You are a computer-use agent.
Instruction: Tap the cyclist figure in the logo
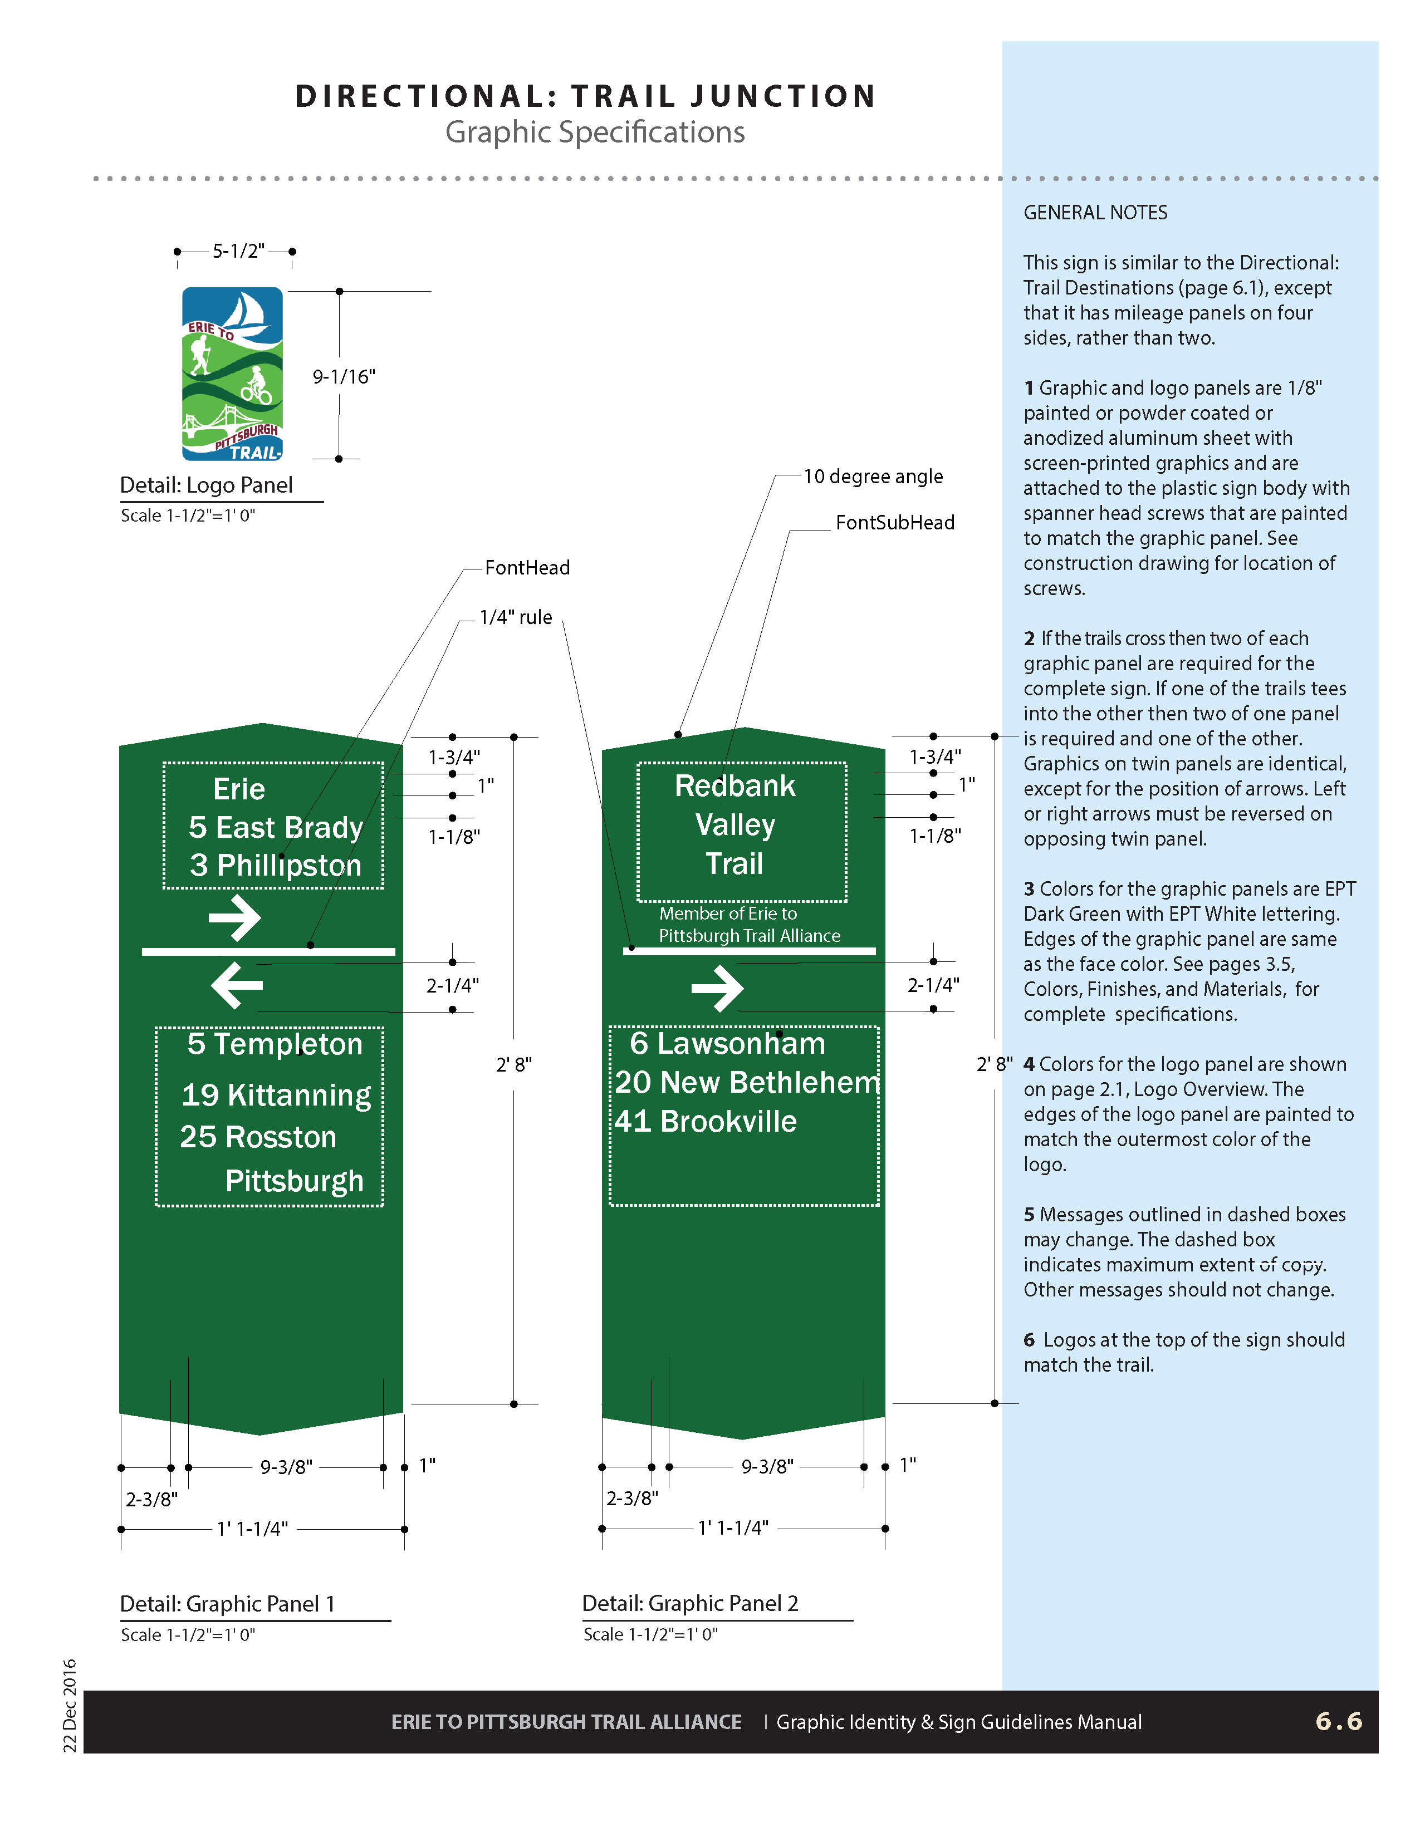coord(257,385)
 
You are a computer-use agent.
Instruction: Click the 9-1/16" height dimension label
coord(343,377)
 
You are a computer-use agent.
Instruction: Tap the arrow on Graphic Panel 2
coord(717,988)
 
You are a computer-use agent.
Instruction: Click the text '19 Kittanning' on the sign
coord(276,1095)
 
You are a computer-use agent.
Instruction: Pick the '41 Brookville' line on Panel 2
coord(705,1121)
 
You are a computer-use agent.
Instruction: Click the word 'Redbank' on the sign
coord(735,785)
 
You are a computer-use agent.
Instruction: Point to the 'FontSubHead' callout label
coord(894,522)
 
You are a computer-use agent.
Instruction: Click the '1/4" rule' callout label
coord(515,617)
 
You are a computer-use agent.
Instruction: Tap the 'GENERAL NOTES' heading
coord(1095,213)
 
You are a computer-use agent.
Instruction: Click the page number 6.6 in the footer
coord(1338,1721)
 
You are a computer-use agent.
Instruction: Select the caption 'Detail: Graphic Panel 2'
coord(690,1603)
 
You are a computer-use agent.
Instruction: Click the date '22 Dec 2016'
coord(70,1705)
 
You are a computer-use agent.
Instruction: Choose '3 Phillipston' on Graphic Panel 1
coord(275,866)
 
